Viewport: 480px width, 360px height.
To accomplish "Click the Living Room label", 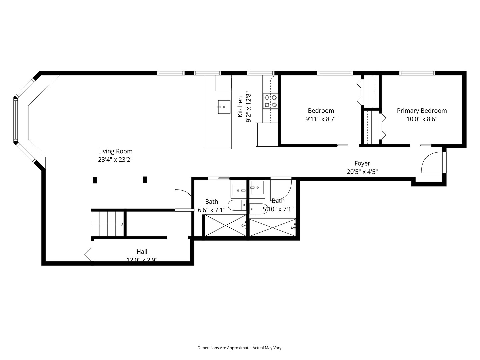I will [x=115, y=151].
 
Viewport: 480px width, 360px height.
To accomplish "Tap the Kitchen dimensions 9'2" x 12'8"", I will [x=248, y=107].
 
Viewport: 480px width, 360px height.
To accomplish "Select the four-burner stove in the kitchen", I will [x=270, y=101].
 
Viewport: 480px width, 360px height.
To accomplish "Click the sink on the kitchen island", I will [x=224, y=107].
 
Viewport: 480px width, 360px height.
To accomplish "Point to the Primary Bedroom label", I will [x=422, y=111].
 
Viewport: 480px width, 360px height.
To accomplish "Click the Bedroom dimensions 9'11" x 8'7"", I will [x=321, y=119].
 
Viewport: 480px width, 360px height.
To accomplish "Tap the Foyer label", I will [x=362, y=163].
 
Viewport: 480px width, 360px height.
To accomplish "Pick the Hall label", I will [x=142, y=252].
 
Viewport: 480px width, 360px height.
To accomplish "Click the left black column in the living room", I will [x=95, y=180].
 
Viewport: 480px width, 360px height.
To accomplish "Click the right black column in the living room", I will [x=145, y=180].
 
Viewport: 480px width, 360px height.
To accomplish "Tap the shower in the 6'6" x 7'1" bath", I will [x=225, y=226].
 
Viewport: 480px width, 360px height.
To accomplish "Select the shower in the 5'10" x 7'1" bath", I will [x=272, y=227].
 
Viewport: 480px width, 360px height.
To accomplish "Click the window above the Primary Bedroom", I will [x=417, y=73].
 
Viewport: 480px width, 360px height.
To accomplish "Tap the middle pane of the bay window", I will [x=15, y=120].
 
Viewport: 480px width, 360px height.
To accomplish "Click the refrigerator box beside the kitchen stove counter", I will [x=267, y=135].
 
